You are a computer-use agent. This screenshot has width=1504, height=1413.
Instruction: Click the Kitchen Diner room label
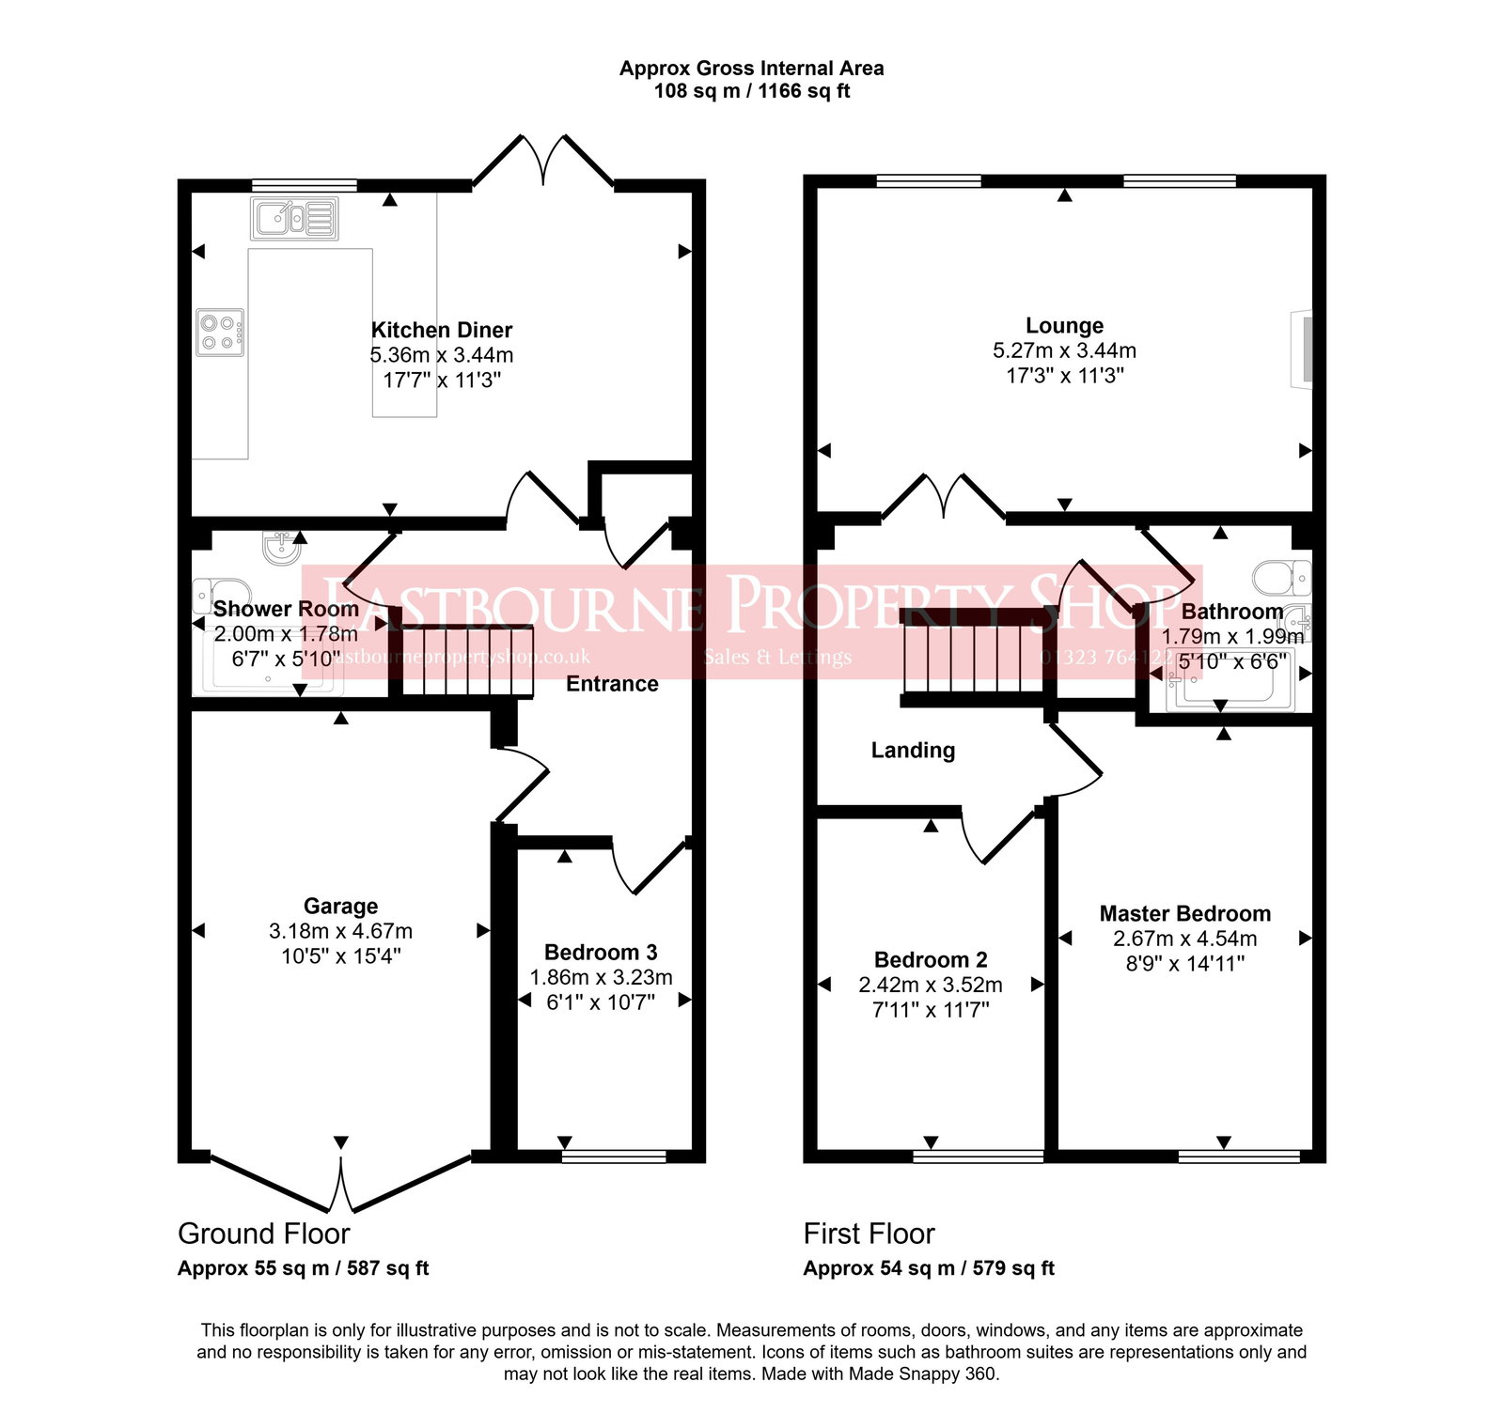click(441, 330)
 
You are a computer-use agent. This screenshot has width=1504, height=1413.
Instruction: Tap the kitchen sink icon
click(294, 219)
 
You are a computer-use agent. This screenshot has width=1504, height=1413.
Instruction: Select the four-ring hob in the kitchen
click(220, 333)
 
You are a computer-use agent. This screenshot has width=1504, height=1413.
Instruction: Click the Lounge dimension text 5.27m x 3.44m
click(1064, 350)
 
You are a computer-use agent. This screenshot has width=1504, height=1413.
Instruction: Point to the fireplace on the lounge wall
click(1303, 347)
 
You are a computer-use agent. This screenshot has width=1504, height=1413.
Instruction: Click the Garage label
click(340, 906)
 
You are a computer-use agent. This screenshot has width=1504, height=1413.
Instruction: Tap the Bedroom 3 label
click(601, 952)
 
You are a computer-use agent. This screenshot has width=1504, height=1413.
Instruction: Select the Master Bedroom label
click(1184, 913)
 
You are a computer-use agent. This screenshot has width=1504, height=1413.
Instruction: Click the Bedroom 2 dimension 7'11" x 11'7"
click(931, 1010)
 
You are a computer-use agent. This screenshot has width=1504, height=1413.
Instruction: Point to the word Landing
click(913, 750)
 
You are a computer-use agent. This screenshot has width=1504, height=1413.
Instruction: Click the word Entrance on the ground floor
click(612, 684)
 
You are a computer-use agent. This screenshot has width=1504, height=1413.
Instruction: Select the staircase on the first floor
click(974, 657)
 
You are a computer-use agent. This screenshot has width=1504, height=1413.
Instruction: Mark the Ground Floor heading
click(263, 1234)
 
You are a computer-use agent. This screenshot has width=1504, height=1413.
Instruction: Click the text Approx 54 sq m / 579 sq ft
click(929, 1268)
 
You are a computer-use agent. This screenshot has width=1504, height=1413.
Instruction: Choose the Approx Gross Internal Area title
click(751, 69)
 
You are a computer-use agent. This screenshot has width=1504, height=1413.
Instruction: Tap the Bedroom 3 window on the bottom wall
click(614, 1156)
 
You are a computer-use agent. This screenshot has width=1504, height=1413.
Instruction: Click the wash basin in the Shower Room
click(281, 547)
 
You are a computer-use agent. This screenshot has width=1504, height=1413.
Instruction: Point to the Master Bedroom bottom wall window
click(1239, 1156)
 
